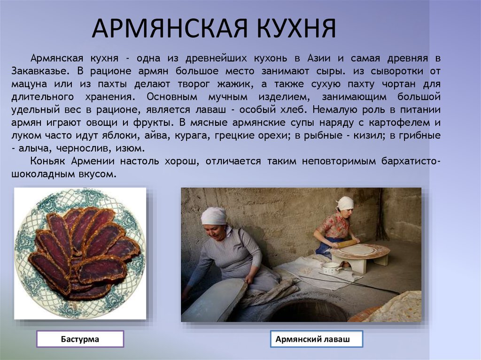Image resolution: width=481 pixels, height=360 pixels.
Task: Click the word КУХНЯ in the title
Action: pos(296,28)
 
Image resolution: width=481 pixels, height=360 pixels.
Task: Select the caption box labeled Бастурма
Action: pos(80,339)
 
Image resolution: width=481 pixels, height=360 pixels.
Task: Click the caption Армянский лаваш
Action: pos(317,339)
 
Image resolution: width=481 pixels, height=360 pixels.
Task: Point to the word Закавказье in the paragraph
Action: pos(39,71)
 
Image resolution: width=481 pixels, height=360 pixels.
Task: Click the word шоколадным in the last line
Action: pos(39,174)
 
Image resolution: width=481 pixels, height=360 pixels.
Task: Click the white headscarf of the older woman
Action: pos(214,216)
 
